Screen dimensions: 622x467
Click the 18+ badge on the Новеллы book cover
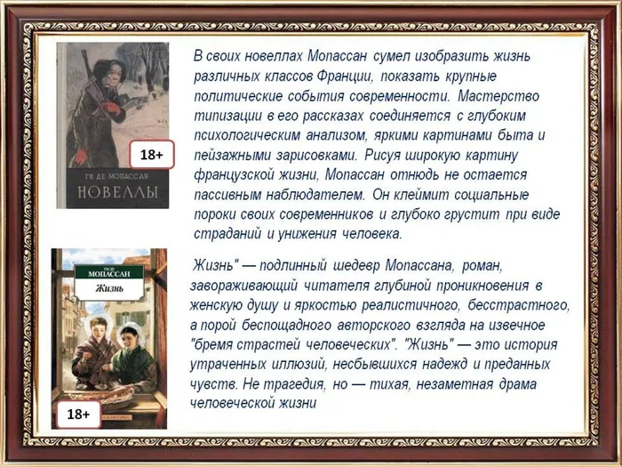pos(152,154)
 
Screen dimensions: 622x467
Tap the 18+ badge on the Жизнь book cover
pos(78,415)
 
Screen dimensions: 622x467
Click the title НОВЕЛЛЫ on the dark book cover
pos(118,192)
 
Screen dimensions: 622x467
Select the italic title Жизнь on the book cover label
pos(109,288)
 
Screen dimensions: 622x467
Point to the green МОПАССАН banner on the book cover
pos(109,271)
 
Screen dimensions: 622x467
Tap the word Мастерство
pos(498,96)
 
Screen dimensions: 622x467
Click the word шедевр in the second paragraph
pos(355,265)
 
